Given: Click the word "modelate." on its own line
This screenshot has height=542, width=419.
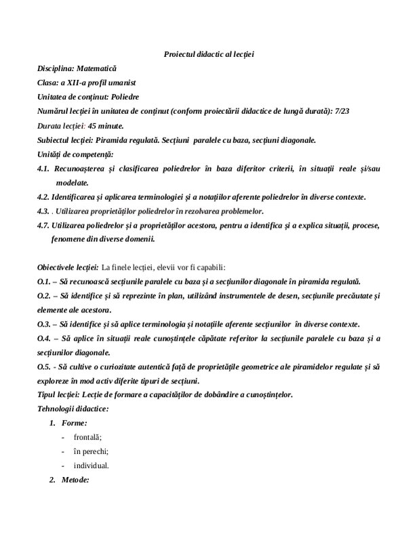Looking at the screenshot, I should point(72,183).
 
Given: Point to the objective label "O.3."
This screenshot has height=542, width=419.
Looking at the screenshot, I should point(45,324).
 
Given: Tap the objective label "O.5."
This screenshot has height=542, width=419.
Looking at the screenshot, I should point(45,367).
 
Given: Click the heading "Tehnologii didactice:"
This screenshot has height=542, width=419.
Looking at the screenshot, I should point(73,409).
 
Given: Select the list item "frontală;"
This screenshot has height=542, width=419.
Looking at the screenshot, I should point(87,438).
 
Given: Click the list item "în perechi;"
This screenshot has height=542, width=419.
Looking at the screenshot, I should point(91,452).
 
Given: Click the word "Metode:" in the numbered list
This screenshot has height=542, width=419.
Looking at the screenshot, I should point(75,480).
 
